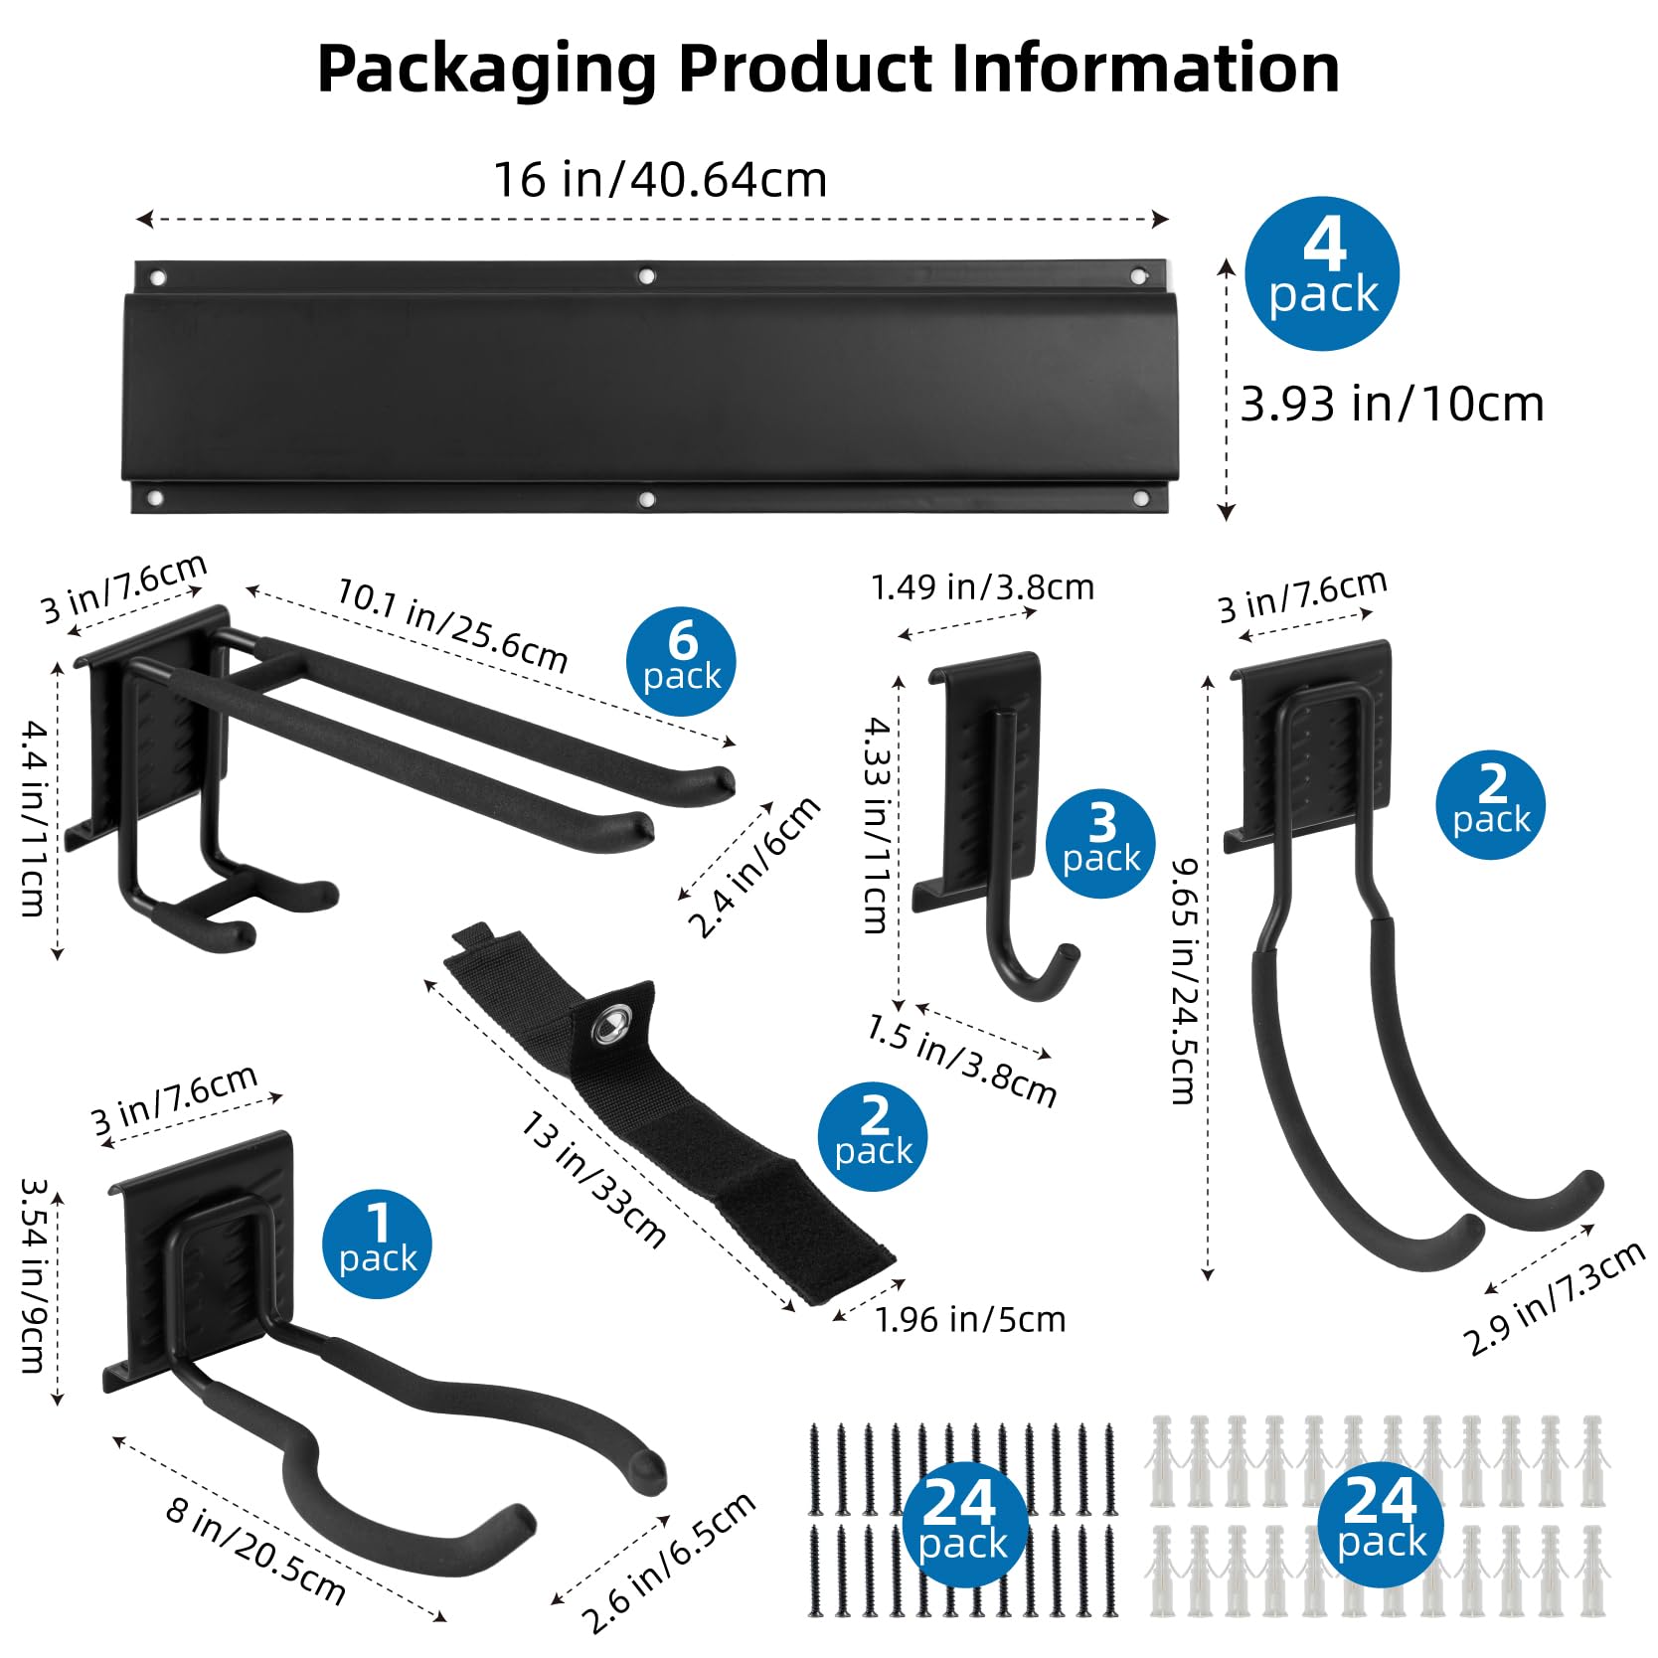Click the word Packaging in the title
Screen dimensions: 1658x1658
point(486,70)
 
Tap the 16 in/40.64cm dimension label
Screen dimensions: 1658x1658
point(660,181)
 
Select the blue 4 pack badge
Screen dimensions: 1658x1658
point(1322,273)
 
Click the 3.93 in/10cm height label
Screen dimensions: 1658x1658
point(1392,405)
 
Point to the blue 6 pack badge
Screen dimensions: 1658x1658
point(681,661)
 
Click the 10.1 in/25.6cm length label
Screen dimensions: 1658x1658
point(452,625)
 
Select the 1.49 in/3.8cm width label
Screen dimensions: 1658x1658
point(982,587)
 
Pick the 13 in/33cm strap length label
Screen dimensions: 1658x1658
point(593,1180)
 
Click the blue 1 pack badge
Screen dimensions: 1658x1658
point(377,1243)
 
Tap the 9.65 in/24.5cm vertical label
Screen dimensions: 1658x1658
point(1183,982)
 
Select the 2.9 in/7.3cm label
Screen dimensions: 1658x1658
point(1554,1299)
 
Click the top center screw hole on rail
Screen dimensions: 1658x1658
point(646,275)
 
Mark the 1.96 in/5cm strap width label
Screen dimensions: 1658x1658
point(969,1319)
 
